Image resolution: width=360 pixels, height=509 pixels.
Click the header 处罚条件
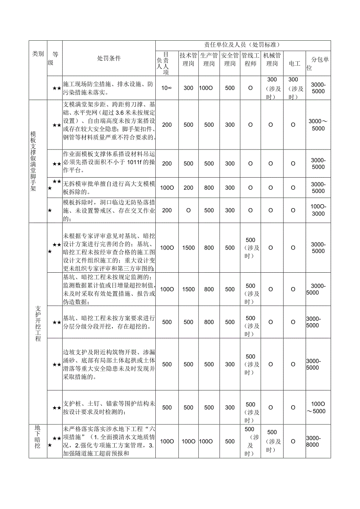point(109,58)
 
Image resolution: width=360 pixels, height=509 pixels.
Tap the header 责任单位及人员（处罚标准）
point(243,45)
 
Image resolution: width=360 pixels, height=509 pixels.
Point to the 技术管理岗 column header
point(189,59)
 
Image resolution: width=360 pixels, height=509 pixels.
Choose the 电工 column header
point(294,63)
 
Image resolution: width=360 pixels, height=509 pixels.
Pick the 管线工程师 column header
point(250,59)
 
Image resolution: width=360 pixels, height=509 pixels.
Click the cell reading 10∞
point(167,88)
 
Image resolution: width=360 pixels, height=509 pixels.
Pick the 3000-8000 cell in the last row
point(318,441)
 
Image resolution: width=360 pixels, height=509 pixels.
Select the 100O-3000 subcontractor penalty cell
point(318,210)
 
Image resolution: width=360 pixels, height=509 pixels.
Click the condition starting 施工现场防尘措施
point(108,88)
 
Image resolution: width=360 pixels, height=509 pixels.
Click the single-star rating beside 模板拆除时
point(50,210)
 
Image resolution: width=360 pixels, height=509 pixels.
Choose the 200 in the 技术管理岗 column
point(189,188)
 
